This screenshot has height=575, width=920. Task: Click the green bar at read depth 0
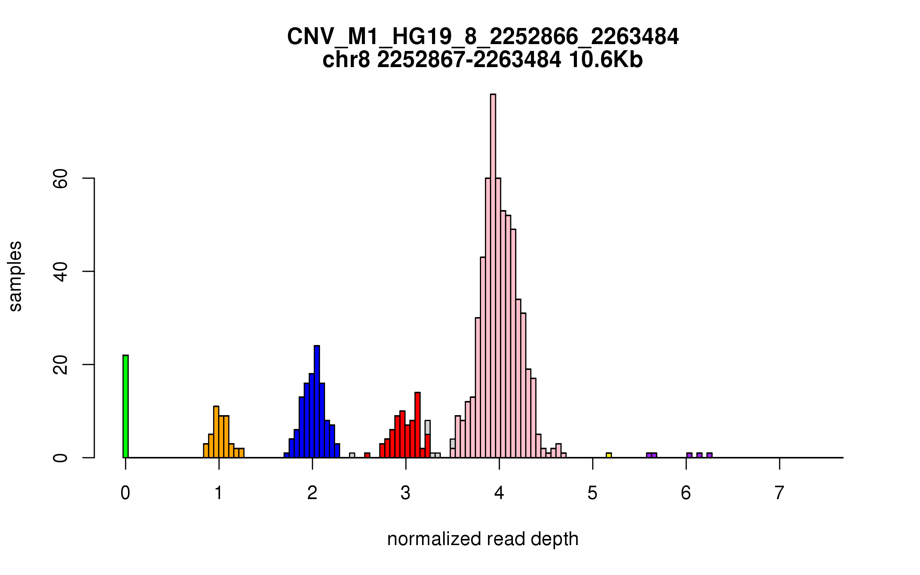click(x=125, y=406)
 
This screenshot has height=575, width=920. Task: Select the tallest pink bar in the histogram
click(x=493, y=276)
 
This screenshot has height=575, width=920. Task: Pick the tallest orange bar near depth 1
click(x=216, y=432)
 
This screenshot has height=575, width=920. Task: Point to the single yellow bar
click(x=609, y=455)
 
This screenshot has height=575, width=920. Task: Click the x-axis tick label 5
click(x=592, y=493)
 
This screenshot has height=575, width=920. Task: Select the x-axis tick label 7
click(x=779, y=493)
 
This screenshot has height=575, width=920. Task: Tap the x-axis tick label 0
click(x=125, y=493)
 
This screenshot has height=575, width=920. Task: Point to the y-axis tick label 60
click(x=61, y=178)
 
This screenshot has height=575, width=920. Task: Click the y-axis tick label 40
click(x=61, y=271)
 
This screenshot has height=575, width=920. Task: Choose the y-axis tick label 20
click(x=61, y=365)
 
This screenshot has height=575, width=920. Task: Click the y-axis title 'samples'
click(x=15, y=276)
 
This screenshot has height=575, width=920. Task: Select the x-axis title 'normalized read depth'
click(x=483, y=539)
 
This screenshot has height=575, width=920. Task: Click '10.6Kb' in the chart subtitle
click(x=606, y=60)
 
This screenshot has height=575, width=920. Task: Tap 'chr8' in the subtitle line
click(x=346, y=60)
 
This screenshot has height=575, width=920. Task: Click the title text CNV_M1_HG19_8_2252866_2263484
click(x=483, y=37)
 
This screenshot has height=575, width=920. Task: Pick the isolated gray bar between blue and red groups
click(x=352, y=455)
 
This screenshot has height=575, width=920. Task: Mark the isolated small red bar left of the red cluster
click(x=367, y=455)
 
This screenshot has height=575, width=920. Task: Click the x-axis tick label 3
click(x=406, y=493)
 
